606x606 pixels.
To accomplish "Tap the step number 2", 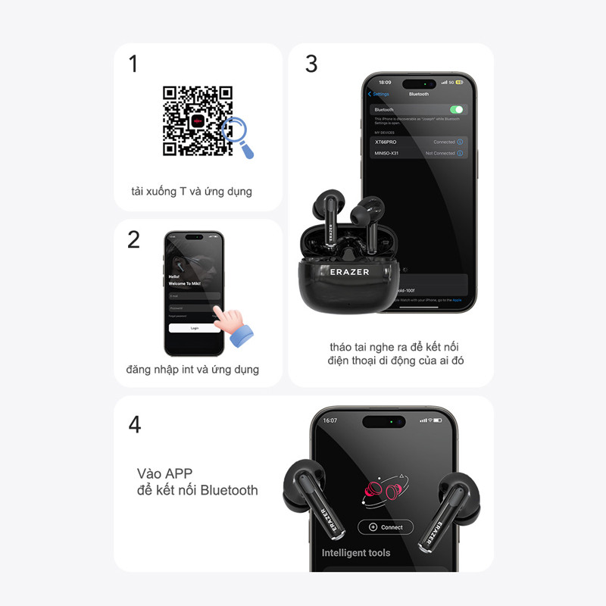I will click(134, 240).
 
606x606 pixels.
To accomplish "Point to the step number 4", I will click(135, 425).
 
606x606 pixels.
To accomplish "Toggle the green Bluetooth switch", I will click(456, 110).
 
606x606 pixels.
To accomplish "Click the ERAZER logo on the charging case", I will click(350, 271).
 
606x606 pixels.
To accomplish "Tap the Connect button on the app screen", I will click(386, 527).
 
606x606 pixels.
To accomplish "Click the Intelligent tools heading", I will click(356, 553).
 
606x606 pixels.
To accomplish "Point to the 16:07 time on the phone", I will click(330, 420).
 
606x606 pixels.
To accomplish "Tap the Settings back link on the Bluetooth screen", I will click(380, 94).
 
